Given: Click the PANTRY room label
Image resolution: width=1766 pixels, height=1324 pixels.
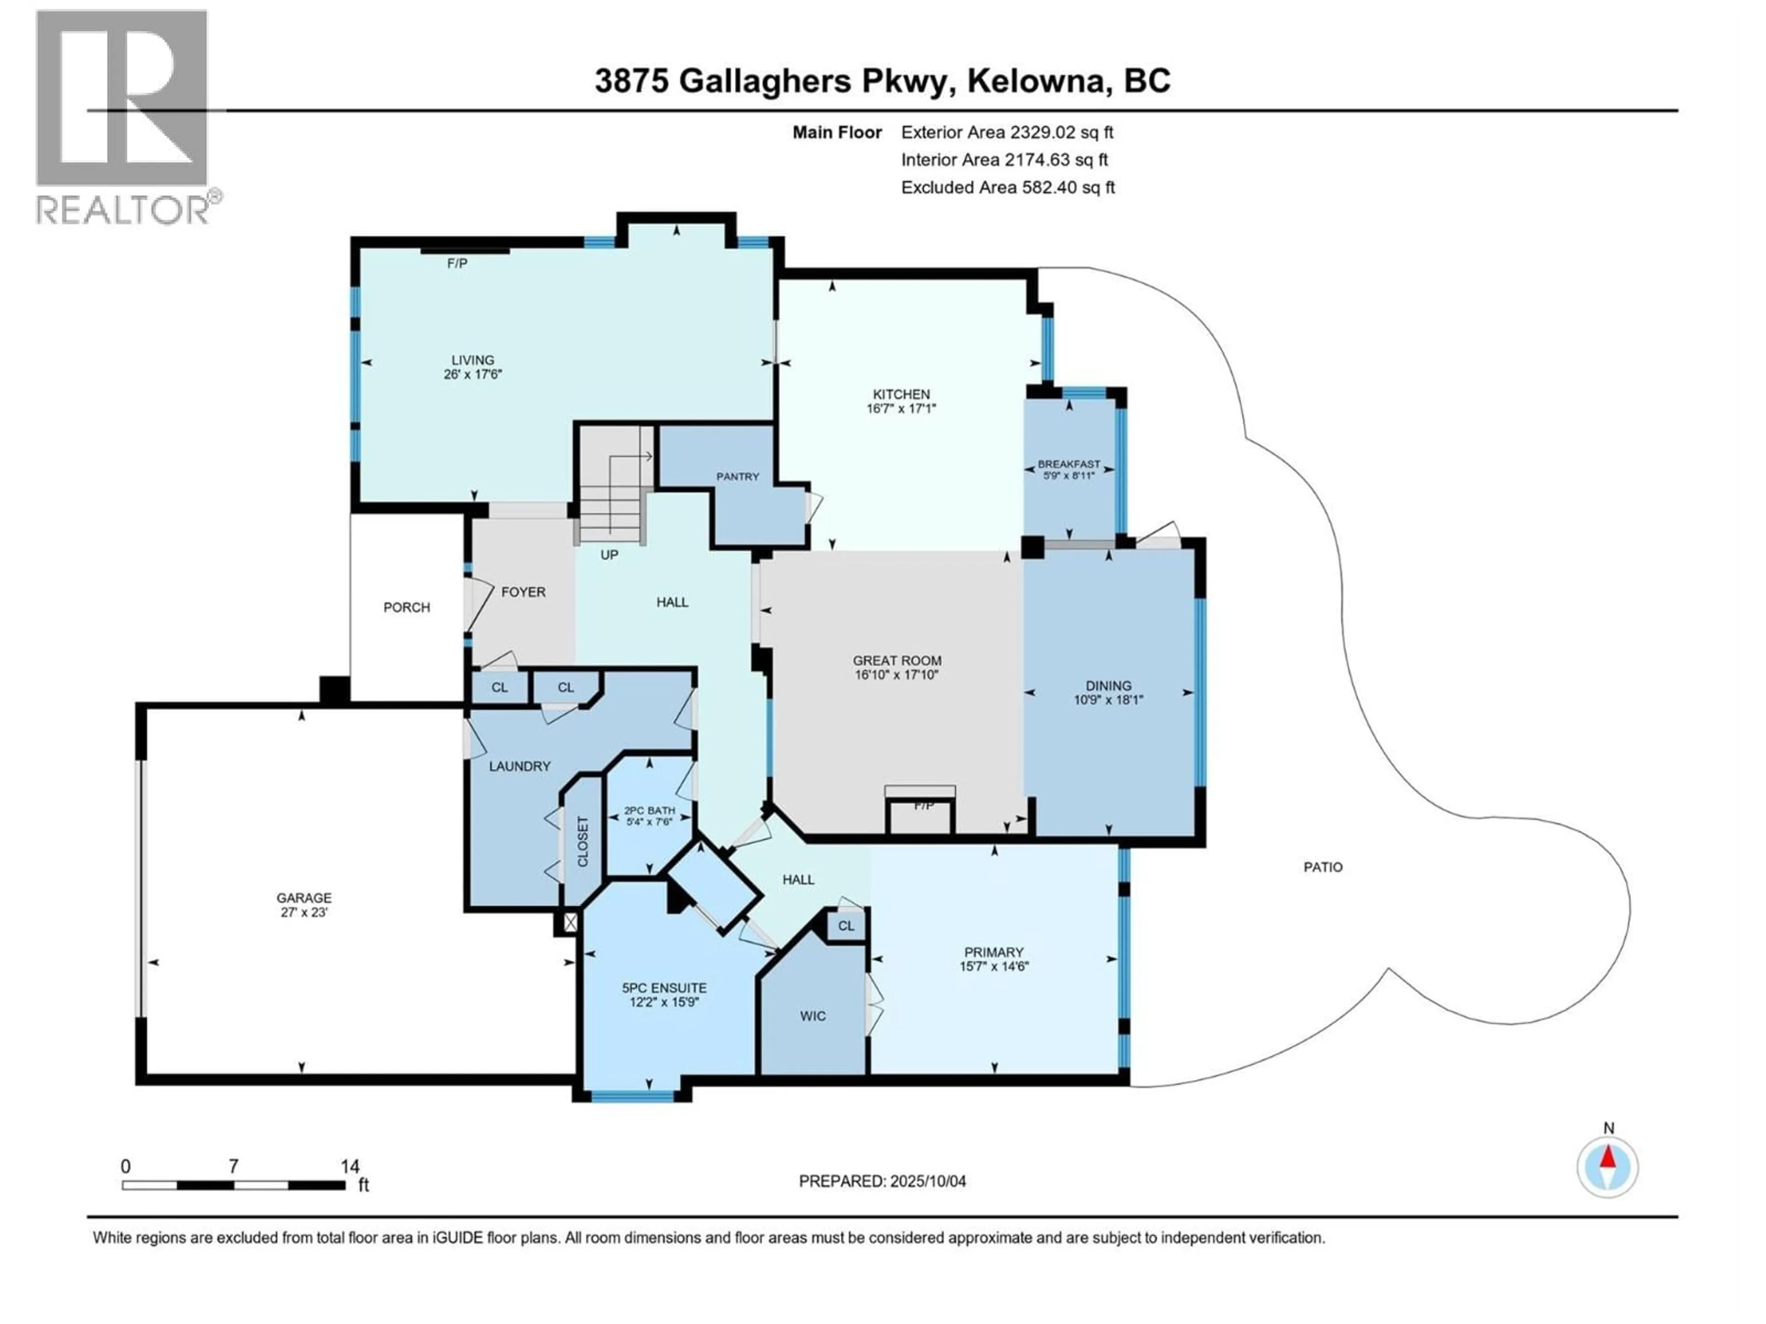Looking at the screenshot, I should pos(737,476).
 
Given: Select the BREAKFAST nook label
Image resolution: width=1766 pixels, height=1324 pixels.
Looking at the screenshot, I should pos(1068,464).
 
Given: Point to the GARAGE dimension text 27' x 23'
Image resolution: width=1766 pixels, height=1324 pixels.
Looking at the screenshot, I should pos(304,912).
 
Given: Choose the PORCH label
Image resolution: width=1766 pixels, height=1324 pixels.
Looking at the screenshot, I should pos(407,607).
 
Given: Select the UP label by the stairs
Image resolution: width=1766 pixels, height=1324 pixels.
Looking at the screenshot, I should pos(609,555).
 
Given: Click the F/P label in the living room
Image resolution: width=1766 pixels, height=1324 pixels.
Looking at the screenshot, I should pos(457,263).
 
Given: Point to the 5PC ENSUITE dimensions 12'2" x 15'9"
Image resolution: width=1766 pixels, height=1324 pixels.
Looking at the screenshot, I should pos(664,1002).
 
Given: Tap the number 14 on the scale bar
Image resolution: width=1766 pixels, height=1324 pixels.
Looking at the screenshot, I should pos(350,1166).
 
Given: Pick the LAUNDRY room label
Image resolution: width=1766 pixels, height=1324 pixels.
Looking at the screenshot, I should pos(520,766).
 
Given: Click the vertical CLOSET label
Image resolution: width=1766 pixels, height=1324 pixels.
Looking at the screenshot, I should pos(583,841).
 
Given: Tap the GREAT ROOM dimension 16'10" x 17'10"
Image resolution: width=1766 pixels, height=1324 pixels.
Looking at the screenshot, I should pos(897,674).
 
